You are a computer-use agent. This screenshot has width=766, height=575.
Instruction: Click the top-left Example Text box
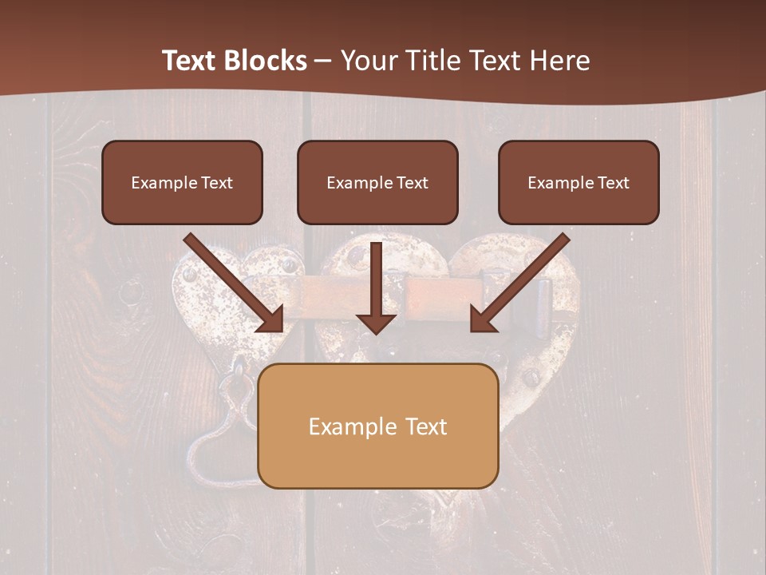182,182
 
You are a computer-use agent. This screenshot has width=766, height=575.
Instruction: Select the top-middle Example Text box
377,182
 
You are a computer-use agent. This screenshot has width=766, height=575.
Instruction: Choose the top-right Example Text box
578,182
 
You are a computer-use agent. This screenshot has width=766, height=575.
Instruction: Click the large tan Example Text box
377,426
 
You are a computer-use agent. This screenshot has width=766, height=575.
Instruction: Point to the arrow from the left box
232,281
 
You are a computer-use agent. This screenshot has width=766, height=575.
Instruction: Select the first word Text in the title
191,61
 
